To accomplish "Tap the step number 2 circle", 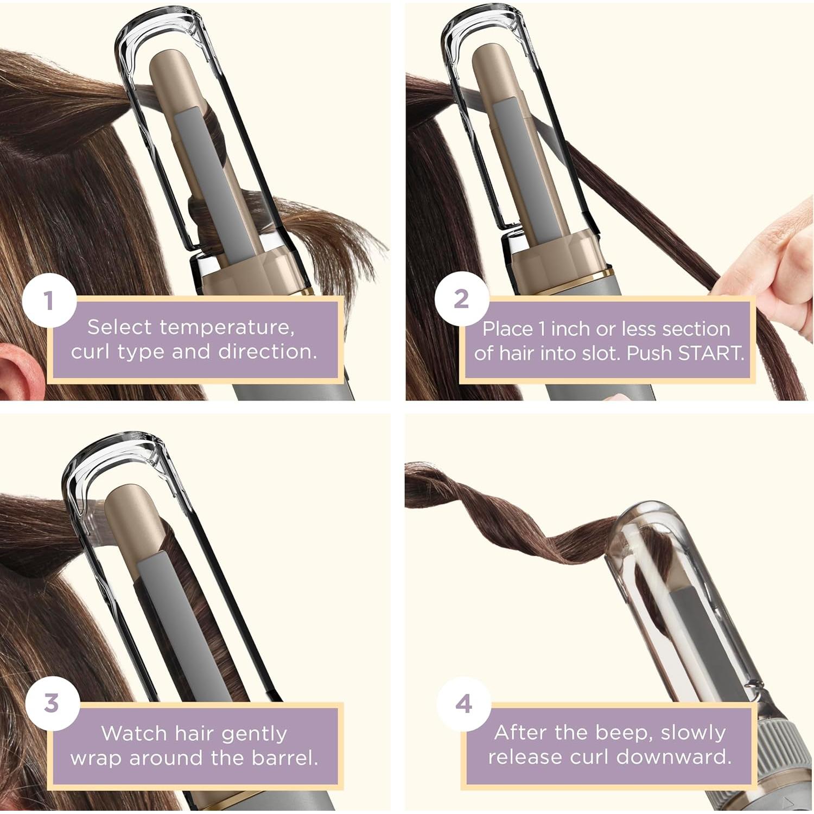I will coord(461,299).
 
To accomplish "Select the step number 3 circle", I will coord(52,703).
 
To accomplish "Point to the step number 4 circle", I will coord(463,704).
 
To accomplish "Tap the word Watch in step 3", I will coord(134,734).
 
